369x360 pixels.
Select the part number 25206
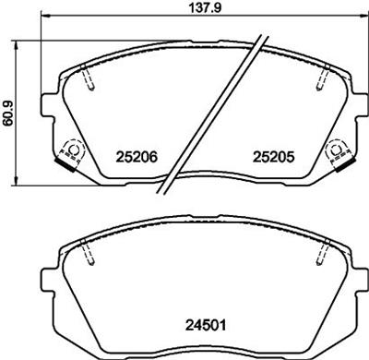pos(136,157)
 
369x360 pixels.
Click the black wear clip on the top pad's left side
pos(67,165)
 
